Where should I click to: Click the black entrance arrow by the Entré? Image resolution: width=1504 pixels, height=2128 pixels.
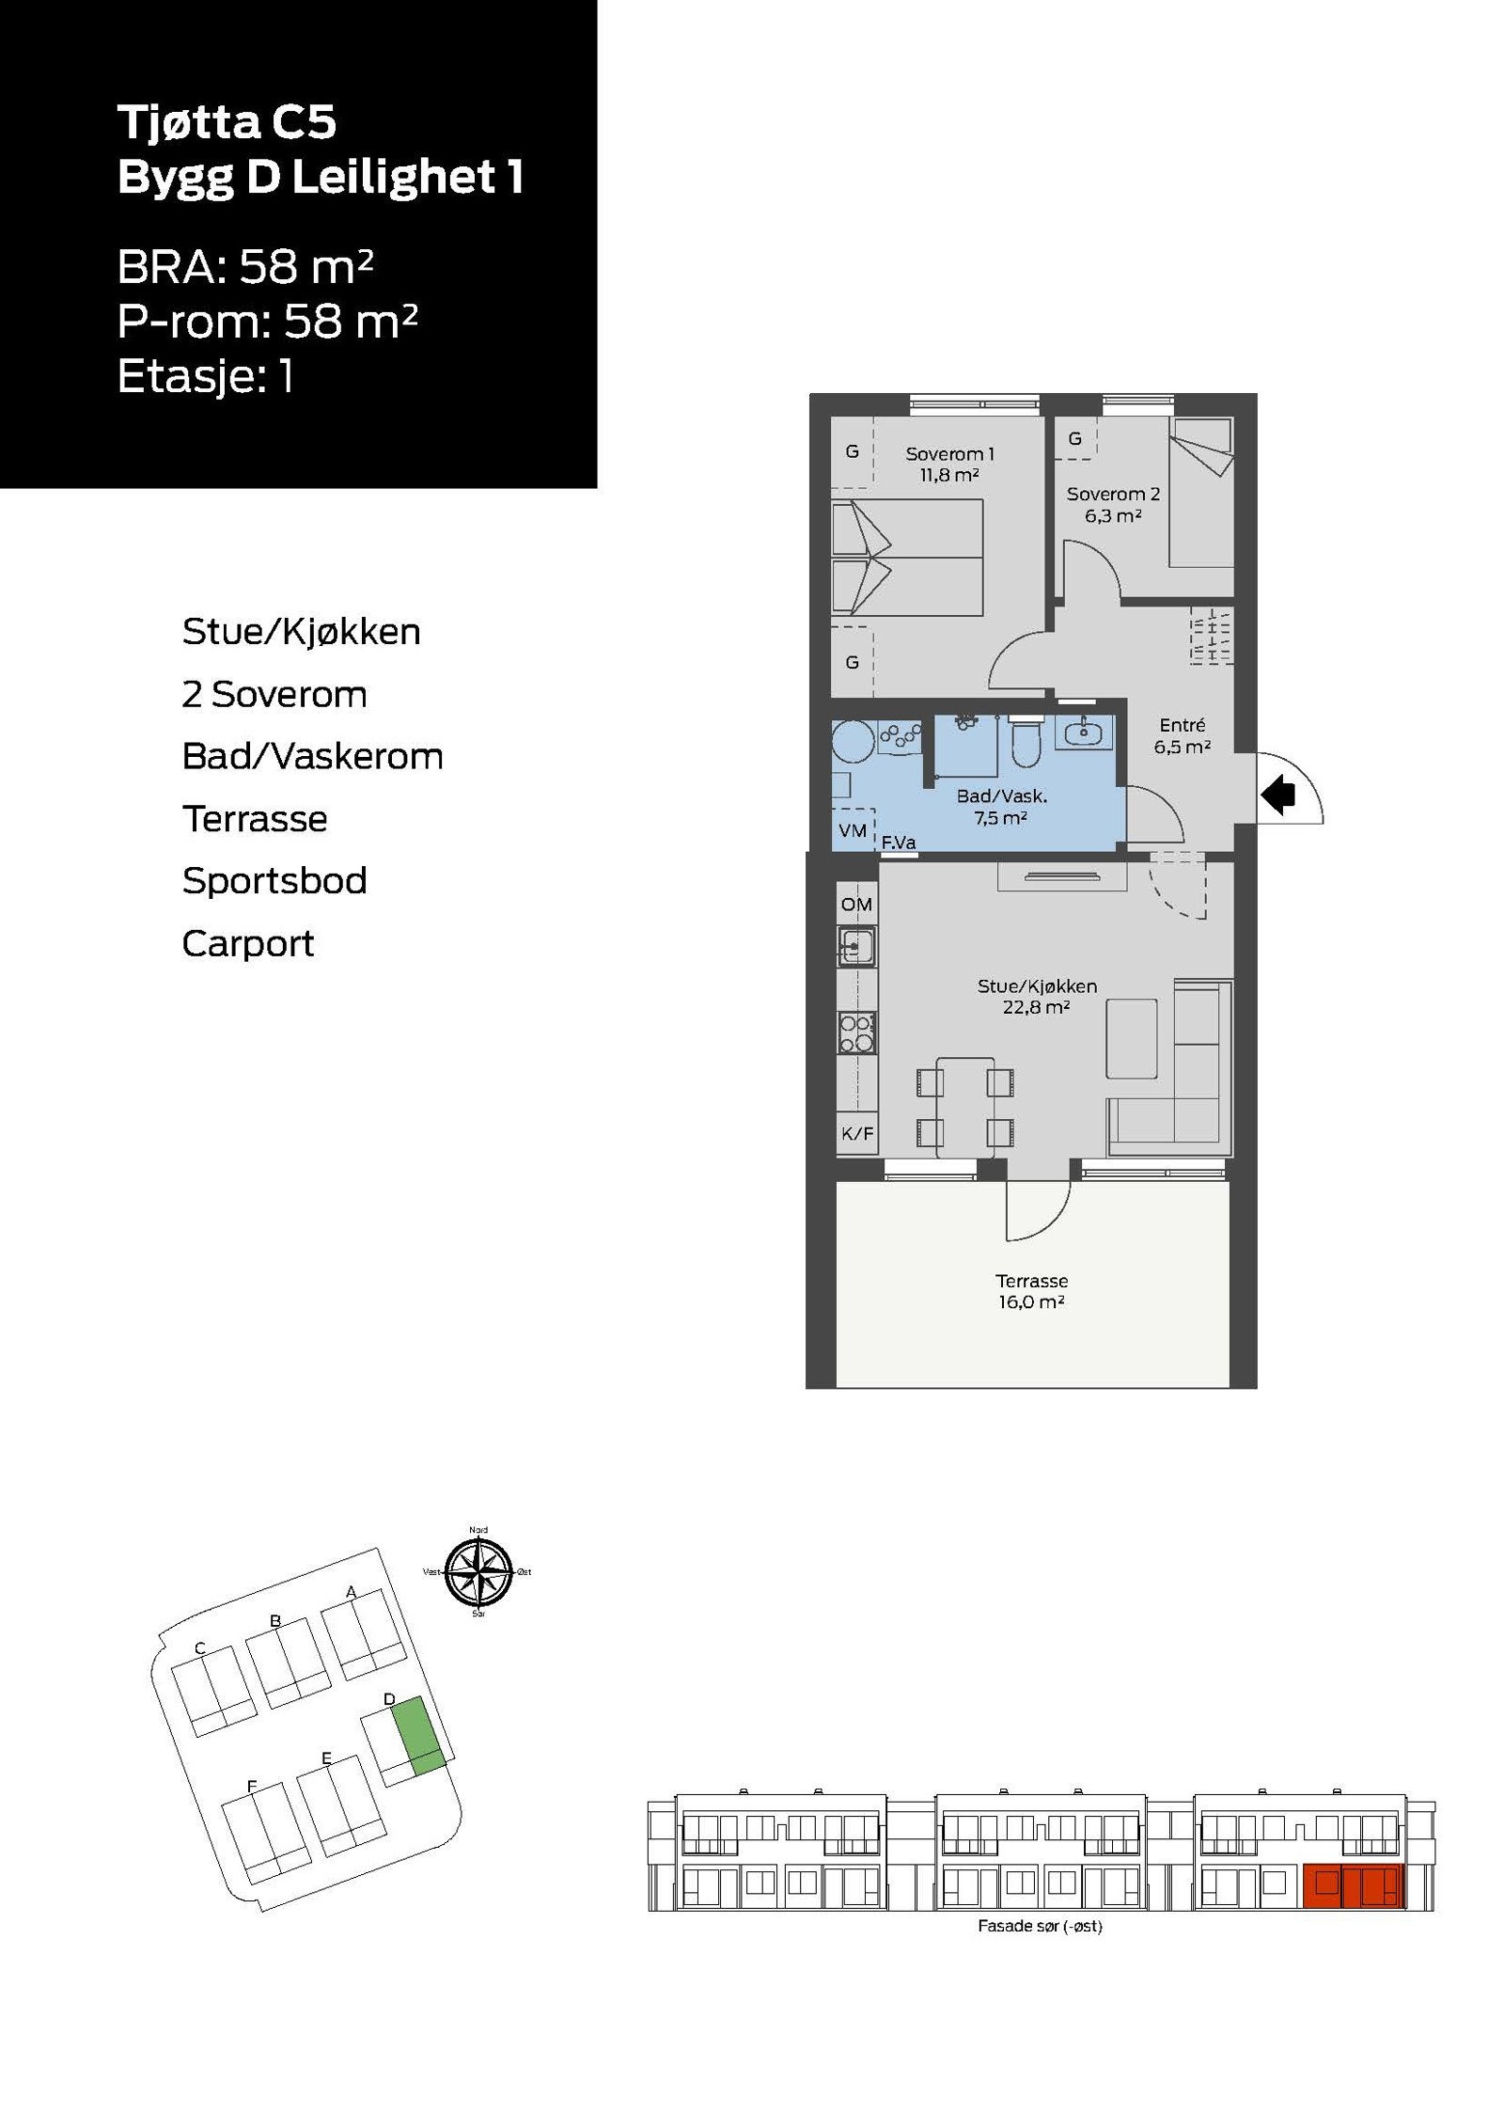point(1277,796)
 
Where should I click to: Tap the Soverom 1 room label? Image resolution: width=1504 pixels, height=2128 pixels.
point(948,454)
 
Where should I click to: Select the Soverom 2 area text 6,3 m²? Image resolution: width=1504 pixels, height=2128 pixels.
point(1112,515)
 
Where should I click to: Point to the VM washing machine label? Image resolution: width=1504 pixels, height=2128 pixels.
point(852,830)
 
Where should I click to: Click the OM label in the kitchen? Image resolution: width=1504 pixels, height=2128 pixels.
point(856,905)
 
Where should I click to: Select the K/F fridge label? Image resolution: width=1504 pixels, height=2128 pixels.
point(856,1134)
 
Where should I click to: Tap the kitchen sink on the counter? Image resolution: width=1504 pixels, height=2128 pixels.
point(856,947)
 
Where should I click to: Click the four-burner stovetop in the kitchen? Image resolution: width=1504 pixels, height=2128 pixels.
point(856,1032)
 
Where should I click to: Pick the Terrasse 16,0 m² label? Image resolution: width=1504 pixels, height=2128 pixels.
point(1031,1291)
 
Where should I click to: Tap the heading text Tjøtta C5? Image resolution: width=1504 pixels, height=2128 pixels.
point(227,122)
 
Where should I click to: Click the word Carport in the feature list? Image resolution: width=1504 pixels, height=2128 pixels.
point(247,943)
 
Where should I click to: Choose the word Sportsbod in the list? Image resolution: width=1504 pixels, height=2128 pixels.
point(274,881)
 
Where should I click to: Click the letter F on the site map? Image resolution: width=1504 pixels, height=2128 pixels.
point(252,1787)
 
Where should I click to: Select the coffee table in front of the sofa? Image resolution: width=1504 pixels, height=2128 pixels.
point(1132,1038)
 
